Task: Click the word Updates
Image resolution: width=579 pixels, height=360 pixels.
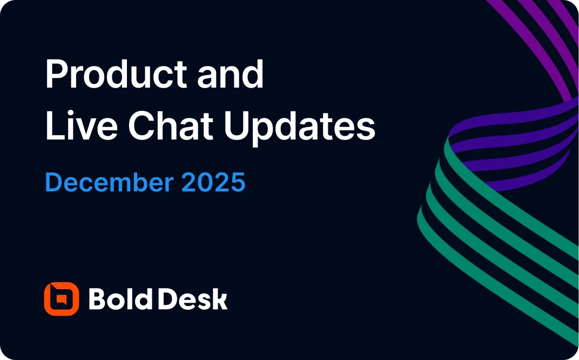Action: point(300,128)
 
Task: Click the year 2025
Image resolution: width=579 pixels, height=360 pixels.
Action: point(213,183)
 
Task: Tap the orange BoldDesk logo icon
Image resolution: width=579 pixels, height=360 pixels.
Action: point(61,299)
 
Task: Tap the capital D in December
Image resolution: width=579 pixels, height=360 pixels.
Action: point(54,183)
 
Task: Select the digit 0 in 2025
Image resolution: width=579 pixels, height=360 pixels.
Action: point(206,183)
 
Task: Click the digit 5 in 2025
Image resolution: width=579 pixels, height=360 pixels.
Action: point(238,183)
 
